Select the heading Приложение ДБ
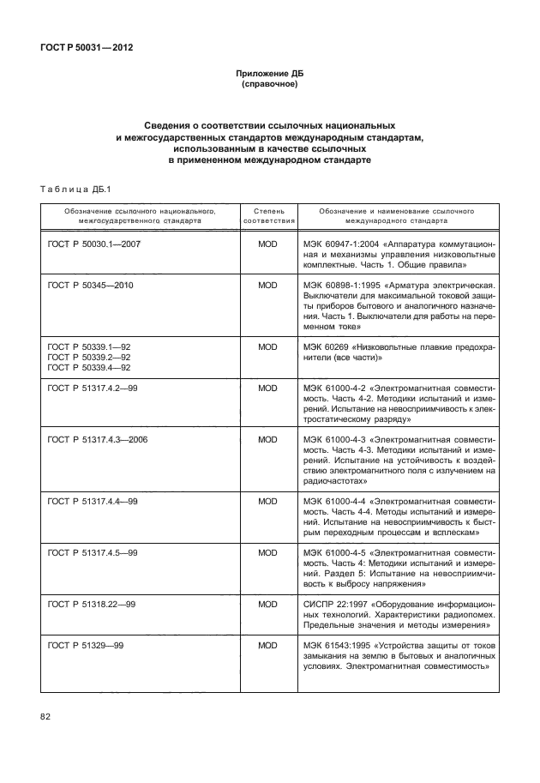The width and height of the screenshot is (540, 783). click(x=270, y=75)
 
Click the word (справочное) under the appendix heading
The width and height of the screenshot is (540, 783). click(x=270, y=86)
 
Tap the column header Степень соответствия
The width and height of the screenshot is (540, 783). click(x=268, y=214)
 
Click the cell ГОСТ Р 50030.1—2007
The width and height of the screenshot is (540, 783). click(x=93, y=244)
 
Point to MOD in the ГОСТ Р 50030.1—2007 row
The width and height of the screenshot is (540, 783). click(x=268, y=244)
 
